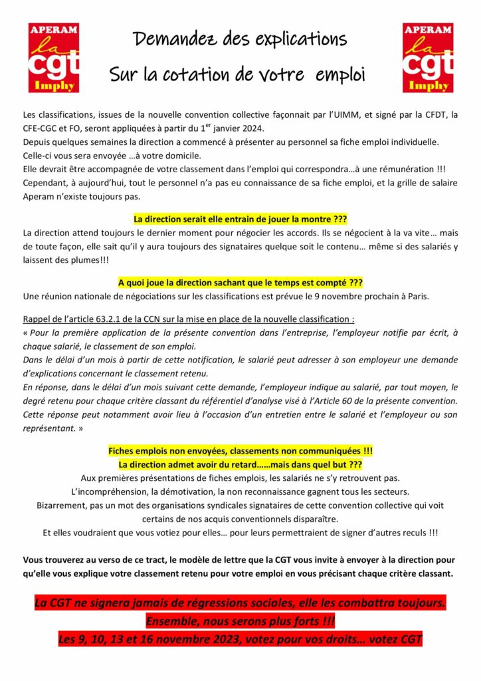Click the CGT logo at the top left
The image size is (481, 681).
54,58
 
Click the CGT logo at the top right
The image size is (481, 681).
428,58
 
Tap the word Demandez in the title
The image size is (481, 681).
175,39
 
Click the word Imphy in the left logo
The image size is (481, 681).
54,86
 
